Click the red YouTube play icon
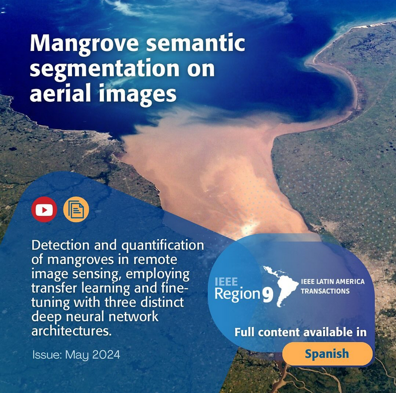[44, 209]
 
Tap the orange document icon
[76, 209]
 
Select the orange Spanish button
[327, 354]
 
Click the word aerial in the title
[60, 93]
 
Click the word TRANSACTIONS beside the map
[325, 291]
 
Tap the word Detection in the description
[60, 245]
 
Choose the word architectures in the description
[71, 331]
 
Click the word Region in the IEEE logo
[237, 294]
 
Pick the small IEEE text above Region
[226, 282]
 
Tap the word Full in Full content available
[244, 332]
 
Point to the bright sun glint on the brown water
[248, 229]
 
